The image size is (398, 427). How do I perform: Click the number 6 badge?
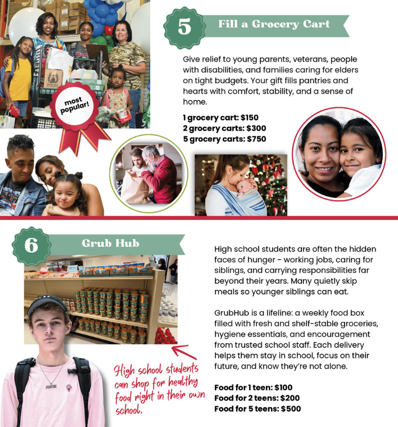(31, 246)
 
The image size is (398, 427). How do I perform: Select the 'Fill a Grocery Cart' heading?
(274, 24)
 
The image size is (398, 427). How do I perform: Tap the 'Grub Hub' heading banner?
(110, 244)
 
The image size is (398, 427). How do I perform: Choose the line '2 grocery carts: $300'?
(224, 128)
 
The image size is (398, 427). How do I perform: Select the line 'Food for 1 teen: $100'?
(253, 387)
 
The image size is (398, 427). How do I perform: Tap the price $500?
(291, 409)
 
